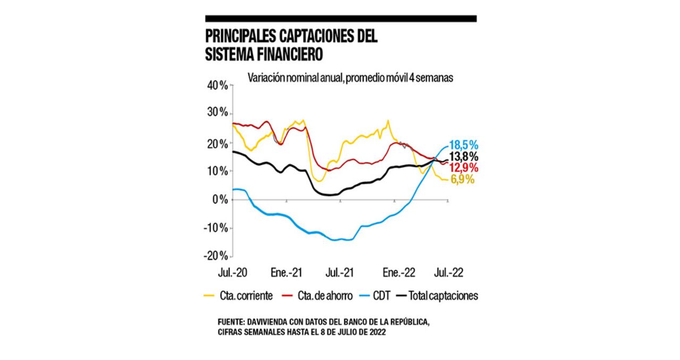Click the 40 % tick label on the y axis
click(216, 85)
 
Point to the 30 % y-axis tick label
click(216, 113)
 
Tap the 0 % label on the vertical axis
click(219, 200)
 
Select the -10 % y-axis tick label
click(215, 228)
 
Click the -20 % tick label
click(215, 255)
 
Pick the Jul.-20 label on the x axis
click(232, 273)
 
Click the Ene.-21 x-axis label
click(287, 273)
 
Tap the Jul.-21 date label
click(340, 273)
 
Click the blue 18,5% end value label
click(464, 145)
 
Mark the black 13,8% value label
click(464, 157)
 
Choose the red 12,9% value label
click(464, 168)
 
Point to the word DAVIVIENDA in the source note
click(273, 323)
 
